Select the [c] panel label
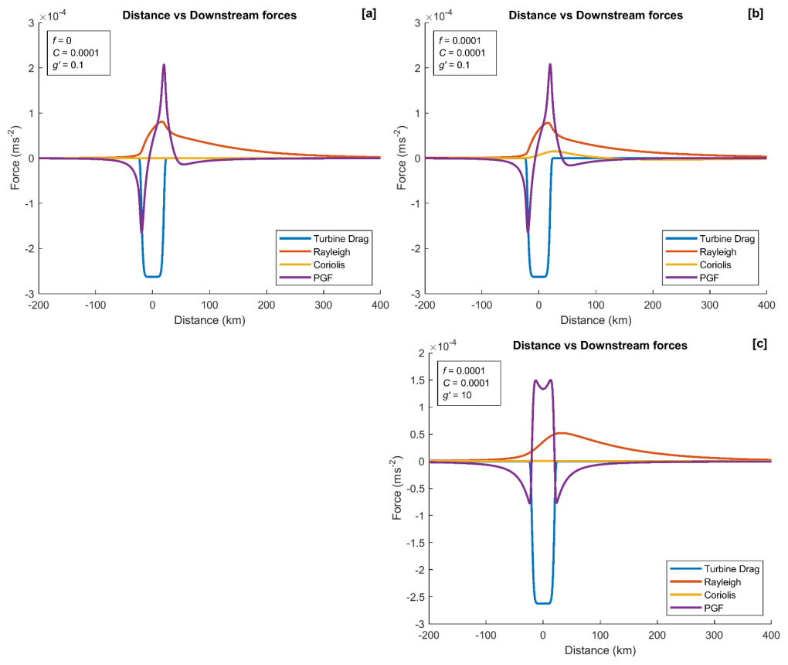tap(759, 345)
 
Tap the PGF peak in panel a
tap(164, 65)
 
